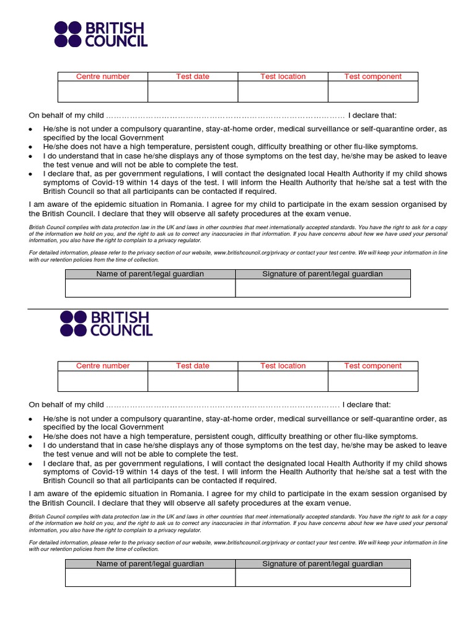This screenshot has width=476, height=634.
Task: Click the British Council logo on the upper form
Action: pyautogui.click(x=100, y=35)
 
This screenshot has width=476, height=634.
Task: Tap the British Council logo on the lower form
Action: pyautogui.click(x=106, y=324)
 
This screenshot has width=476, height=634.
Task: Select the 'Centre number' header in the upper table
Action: pyautogui.click(x=103, y=77)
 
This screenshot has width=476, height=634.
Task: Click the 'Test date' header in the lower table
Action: pyautogui.click(x=193, y=366)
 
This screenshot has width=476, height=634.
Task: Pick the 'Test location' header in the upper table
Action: pyautogui.click(x=283, y=77)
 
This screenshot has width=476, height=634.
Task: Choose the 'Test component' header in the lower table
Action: pyautogui.click(x=372, y=366)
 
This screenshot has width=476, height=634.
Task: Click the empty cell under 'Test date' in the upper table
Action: pyautogui.click(x=193, y=92)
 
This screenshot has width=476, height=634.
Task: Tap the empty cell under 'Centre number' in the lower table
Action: pyautogui.click(x=103, y=381)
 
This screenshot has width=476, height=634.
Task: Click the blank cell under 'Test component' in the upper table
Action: pyautogui.click(x=372, y=92)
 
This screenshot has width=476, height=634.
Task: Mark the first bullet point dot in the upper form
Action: pyautogui.click(x=32, y=129)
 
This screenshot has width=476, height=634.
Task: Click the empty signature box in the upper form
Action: pyautogui.click(x=322, y=288)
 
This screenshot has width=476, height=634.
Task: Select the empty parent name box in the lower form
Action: pyautogui.click(x=150, y=578)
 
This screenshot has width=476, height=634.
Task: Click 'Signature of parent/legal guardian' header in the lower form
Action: pyautogui.click(x=322, y=564)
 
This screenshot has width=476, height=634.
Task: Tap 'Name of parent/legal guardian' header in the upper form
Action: pyautogui.click(x=150, y=274)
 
